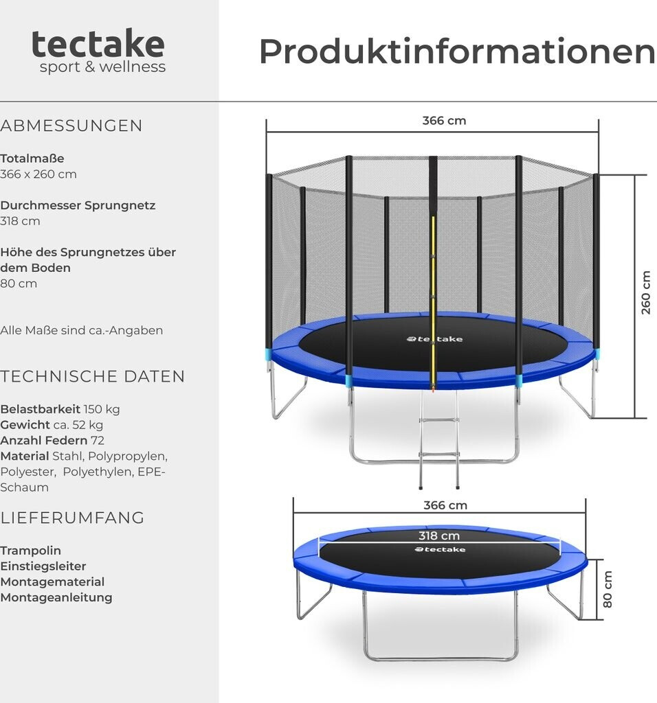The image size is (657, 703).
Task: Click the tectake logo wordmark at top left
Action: tap(98, 45)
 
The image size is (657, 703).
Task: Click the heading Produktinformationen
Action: tap(456, 51)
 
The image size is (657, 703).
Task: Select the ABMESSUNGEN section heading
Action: tap(71, 126)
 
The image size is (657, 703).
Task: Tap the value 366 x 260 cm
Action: tap(38, 174)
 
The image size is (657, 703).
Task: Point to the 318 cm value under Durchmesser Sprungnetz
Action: tap(21, 221)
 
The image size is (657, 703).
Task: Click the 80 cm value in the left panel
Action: tap(19, 284)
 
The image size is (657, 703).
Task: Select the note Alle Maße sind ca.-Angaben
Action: tap(82, 330)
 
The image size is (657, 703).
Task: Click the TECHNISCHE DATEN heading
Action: tap(93, 376)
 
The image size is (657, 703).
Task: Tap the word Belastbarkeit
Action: tap(40, 409)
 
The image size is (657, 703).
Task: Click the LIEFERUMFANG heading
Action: tap(72, 518)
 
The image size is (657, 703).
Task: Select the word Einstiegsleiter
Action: tap(43, 566)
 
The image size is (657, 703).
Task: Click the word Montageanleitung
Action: tap(56, 597)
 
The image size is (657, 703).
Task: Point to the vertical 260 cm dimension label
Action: tap(646, 292)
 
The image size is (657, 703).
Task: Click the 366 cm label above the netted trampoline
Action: tap(444, 121)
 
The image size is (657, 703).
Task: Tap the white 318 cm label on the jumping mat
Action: tap(439, 535)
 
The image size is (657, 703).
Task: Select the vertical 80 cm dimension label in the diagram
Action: tap(607, 589)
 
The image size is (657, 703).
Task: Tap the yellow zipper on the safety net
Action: tap(433, 302)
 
